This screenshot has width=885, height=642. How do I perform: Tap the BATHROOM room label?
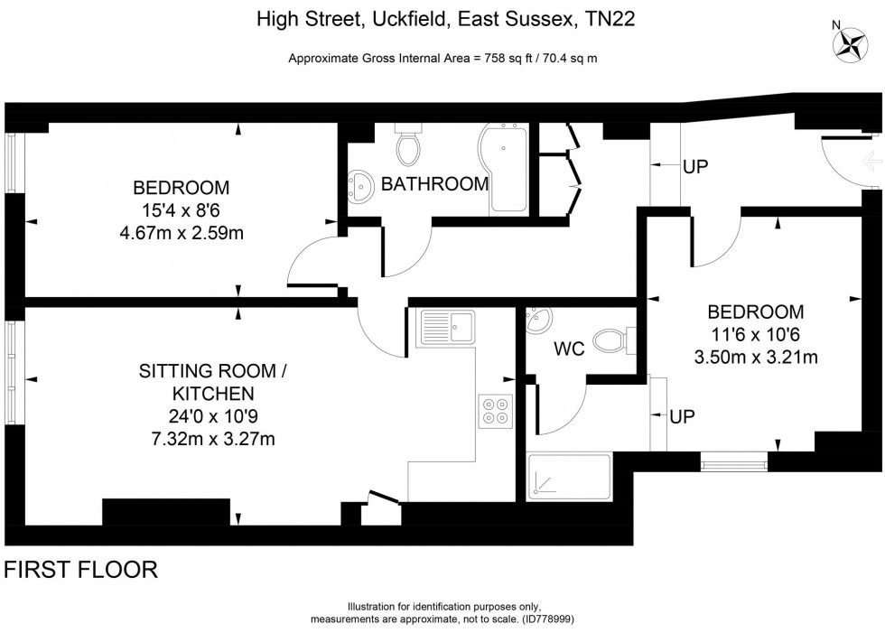tap(434, 184)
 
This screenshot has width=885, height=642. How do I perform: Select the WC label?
tap(569, 349)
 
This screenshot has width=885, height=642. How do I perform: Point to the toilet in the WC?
tap(614, 341)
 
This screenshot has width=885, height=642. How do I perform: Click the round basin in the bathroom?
tap(359, 185)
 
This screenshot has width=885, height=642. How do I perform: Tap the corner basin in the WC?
tap(536, 320)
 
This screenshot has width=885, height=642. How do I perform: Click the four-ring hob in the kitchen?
tap(496, 411)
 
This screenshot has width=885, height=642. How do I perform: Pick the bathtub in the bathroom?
tap(504, 168)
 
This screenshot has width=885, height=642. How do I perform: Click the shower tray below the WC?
tap(569, 477)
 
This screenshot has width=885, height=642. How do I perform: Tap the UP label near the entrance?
tap(694, 167)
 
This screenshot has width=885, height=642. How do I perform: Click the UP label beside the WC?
tap(682, 417)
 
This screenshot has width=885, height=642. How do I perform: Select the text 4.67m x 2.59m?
tap(182, 233)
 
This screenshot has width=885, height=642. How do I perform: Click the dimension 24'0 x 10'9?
tap(213, 416)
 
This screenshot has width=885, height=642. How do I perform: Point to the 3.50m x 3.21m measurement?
tap(756, 357)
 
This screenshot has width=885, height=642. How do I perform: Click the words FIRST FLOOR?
tap(80, 570)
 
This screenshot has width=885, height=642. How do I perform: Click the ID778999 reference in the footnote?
tap(546, 619)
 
